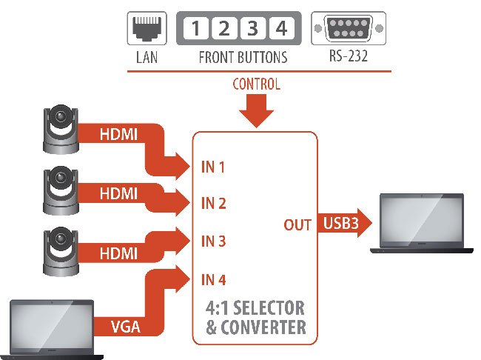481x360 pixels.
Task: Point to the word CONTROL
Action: click(x=256, y=84)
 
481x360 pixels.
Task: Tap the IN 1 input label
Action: click(x=213, y=167)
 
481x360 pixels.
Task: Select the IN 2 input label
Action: click(x=213, y=204)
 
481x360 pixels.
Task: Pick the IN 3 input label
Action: click(x=213, y=241)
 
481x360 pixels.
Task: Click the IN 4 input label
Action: click(x=213, y=279)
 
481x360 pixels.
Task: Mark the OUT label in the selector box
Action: click(x=297, y=224)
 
